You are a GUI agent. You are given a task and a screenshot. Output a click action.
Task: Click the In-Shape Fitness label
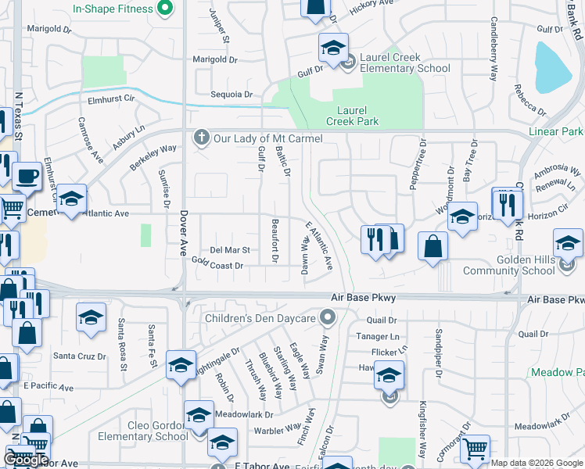113,9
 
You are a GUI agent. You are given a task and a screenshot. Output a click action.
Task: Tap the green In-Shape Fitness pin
165,9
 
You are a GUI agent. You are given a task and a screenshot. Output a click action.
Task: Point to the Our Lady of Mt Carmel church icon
202,138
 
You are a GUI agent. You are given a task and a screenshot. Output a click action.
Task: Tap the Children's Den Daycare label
260,318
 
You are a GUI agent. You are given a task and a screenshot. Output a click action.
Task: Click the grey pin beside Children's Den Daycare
328,317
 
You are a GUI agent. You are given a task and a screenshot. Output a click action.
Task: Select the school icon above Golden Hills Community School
568,244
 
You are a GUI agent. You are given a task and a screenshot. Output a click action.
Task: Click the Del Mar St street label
229,250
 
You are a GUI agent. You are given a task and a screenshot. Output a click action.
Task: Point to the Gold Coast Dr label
217,266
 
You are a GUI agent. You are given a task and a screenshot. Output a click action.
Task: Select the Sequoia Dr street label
231,95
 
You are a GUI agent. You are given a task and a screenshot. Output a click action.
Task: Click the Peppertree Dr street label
423,159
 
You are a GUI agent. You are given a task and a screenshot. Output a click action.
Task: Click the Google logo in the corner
27,460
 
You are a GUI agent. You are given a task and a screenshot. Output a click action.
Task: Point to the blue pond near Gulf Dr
553,66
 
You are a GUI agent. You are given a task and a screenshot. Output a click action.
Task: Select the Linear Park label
555,132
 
